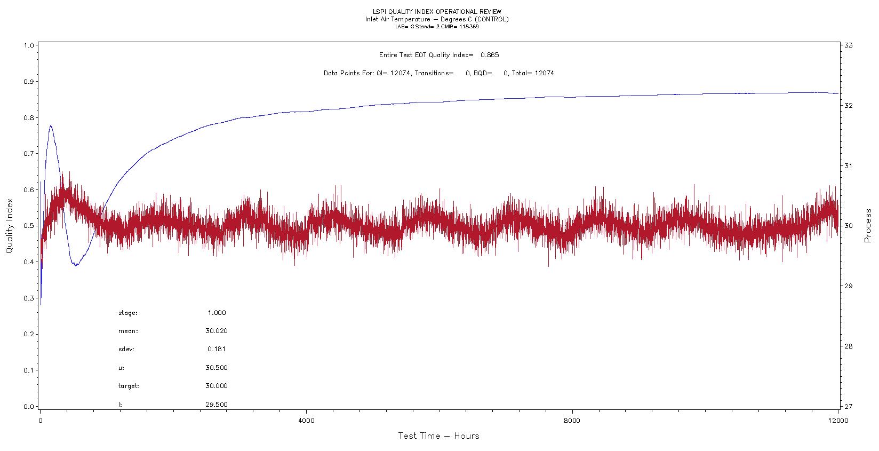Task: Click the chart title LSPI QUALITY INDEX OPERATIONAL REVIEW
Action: coord(437,12)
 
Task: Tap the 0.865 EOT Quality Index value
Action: coord(489,55)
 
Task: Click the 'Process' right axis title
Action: coord(868,225)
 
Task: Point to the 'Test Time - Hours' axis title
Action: coord(438,436)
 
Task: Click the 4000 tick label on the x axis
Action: coord(306,421)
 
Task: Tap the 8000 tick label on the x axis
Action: coord(572,421)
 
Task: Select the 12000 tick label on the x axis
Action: coord(838,421)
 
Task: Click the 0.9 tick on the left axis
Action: coord(29,82)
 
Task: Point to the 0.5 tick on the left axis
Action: coord(29,226)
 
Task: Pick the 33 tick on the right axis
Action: coord(848,45)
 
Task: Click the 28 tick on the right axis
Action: coord(848,346)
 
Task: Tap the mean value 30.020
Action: coord(216,331)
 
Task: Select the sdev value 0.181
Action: coord(217,349)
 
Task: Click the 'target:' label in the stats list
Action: coord(129,386)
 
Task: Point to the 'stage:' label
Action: coord(127,313)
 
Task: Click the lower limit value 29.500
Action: coord(216,404)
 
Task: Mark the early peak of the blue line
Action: coord(51,125)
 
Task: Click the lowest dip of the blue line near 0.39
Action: coord(76,265)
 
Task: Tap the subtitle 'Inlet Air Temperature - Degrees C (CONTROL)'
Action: coord(437,19)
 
